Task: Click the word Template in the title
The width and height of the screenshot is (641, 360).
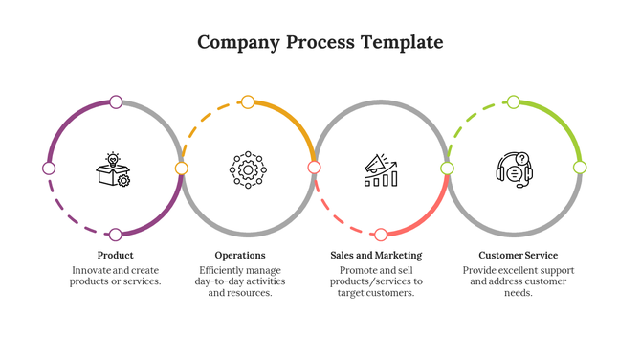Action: [402, 43]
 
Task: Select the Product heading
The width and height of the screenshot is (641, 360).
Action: [115, 256]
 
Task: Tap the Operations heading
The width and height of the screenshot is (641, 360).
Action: [240, 256]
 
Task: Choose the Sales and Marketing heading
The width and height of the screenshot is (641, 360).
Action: [376, 256]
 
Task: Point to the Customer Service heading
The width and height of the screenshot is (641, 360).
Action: [518, 256]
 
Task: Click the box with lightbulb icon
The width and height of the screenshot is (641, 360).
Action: [113, 169]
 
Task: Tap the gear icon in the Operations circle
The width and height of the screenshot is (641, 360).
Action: [248, 169]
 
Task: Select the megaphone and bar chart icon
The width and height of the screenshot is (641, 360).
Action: [381, 169]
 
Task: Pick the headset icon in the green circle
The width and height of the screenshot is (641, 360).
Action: [514, 169]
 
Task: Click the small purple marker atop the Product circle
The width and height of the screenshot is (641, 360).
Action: [116, 101]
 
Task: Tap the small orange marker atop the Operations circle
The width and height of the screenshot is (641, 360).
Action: [248, 101]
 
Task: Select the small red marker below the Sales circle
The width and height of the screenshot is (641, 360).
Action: [381, 235]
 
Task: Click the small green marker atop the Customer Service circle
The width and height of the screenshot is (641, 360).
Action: [514, 101]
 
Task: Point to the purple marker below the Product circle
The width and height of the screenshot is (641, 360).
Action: [115, 235]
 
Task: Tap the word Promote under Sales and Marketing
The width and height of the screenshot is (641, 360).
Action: [359, 270]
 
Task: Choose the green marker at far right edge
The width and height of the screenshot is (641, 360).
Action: [580, 168]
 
